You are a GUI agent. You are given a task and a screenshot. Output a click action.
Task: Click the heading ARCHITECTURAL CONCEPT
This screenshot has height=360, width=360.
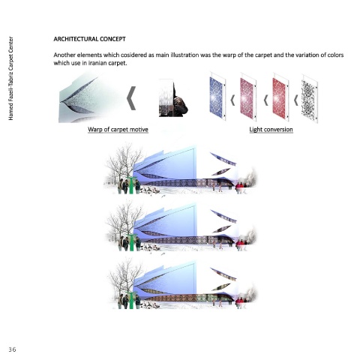(x=89, y=39)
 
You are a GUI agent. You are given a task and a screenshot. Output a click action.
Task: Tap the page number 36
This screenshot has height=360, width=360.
(x=12, y=349)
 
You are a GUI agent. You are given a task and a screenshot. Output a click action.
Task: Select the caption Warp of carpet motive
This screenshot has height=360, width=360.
(x=118, y=130)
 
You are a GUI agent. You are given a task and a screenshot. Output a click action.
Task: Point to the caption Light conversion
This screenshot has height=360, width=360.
(x=271, y=130)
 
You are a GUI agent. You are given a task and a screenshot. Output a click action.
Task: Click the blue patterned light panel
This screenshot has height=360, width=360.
(x=217, y=97)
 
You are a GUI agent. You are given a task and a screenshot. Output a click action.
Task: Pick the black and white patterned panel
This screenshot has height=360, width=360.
(x=310, y=98)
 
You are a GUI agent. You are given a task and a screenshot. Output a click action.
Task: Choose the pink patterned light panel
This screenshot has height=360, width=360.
(x=248, y=97)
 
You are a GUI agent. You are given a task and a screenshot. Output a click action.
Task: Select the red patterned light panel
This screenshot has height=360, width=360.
(x=280, y=97)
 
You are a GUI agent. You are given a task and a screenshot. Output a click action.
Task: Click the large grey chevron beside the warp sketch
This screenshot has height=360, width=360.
(x=131, y=98)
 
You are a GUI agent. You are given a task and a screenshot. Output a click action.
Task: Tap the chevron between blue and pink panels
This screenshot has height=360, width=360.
(x=232, y=100)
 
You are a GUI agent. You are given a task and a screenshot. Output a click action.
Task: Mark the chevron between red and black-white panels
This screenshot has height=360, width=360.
(x=296, y=100)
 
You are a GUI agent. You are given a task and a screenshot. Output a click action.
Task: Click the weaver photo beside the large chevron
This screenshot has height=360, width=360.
(x=173, y=97)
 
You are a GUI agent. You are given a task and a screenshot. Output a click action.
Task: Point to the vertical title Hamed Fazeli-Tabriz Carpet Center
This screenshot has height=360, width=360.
(x=10, y=78)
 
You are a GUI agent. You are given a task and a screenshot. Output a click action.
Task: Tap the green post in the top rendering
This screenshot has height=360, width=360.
(x=130, y=185)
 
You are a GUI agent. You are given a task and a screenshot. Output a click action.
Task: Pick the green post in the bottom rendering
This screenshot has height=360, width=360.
(x=130, y=300)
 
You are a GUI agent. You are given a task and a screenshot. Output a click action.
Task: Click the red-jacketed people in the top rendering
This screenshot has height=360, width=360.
(x=241, y=187)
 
